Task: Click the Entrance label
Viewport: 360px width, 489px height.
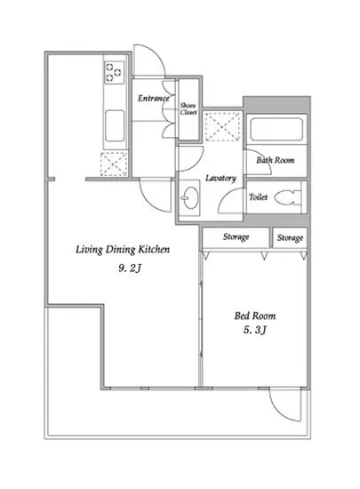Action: [154, 98]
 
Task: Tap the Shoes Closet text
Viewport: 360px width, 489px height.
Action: [188, 108]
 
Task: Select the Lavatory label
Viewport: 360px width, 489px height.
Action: [220, 178]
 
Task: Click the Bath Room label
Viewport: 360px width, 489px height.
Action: [276, 160]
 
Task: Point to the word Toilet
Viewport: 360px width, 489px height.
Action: [258, 197]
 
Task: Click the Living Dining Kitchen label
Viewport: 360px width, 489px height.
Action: [123, 250]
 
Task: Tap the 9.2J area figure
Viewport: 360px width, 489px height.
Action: [130, 269]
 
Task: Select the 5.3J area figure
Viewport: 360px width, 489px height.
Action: [255, 330]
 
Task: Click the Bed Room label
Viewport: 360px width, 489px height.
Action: [255, 316]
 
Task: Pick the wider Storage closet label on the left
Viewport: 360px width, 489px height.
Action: [236, 237]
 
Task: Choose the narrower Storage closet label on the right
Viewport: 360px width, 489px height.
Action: [290, 238]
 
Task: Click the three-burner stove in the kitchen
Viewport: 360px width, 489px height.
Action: [114, 73]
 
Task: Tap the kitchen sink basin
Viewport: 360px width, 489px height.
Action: [115, 125]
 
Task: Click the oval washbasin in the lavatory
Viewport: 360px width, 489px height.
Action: [190, 197]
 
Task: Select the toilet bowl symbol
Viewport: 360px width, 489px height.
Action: [288, 197]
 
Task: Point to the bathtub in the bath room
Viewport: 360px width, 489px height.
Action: [276, 129]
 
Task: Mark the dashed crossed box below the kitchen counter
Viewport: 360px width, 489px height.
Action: [114, 164]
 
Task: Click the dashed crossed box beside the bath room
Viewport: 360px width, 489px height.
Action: [222, 126]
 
